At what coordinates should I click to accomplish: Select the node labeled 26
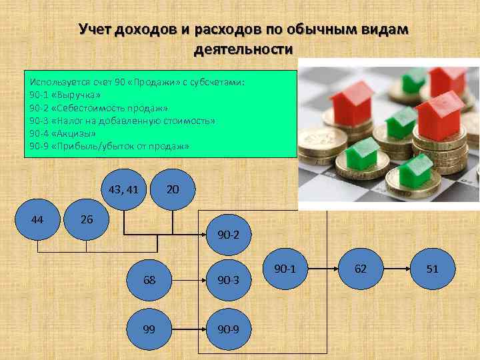[87, 219]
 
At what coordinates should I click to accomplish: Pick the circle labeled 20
[172, 189]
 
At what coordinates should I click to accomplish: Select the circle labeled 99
[150, 329]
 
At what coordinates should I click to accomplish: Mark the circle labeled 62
[361, 268]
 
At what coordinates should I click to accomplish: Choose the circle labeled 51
[432, 268]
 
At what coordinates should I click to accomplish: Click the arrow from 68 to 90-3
[188, 280]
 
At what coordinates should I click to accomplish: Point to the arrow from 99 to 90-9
[188, 329]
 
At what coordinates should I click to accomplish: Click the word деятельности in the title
[243, 49]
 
